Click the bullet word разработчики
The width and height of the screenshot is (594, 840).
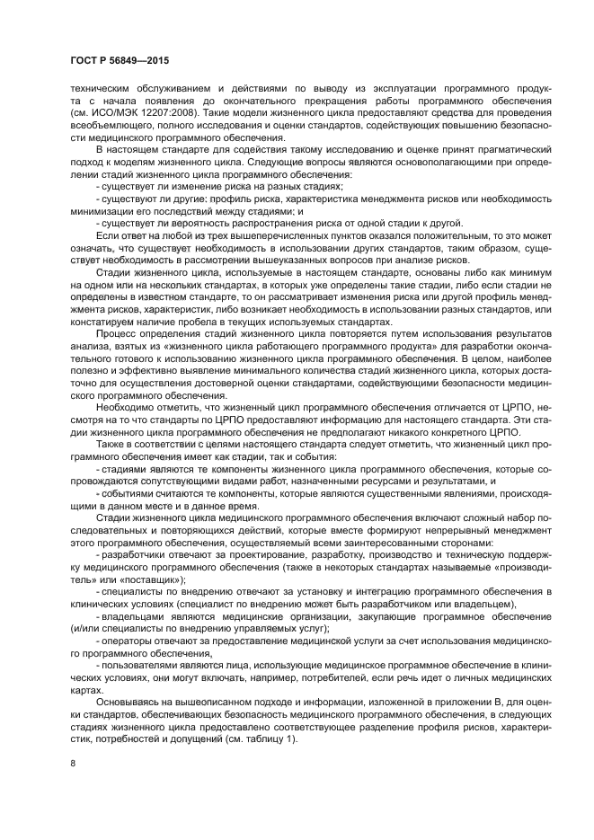(x=131, y=556)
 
